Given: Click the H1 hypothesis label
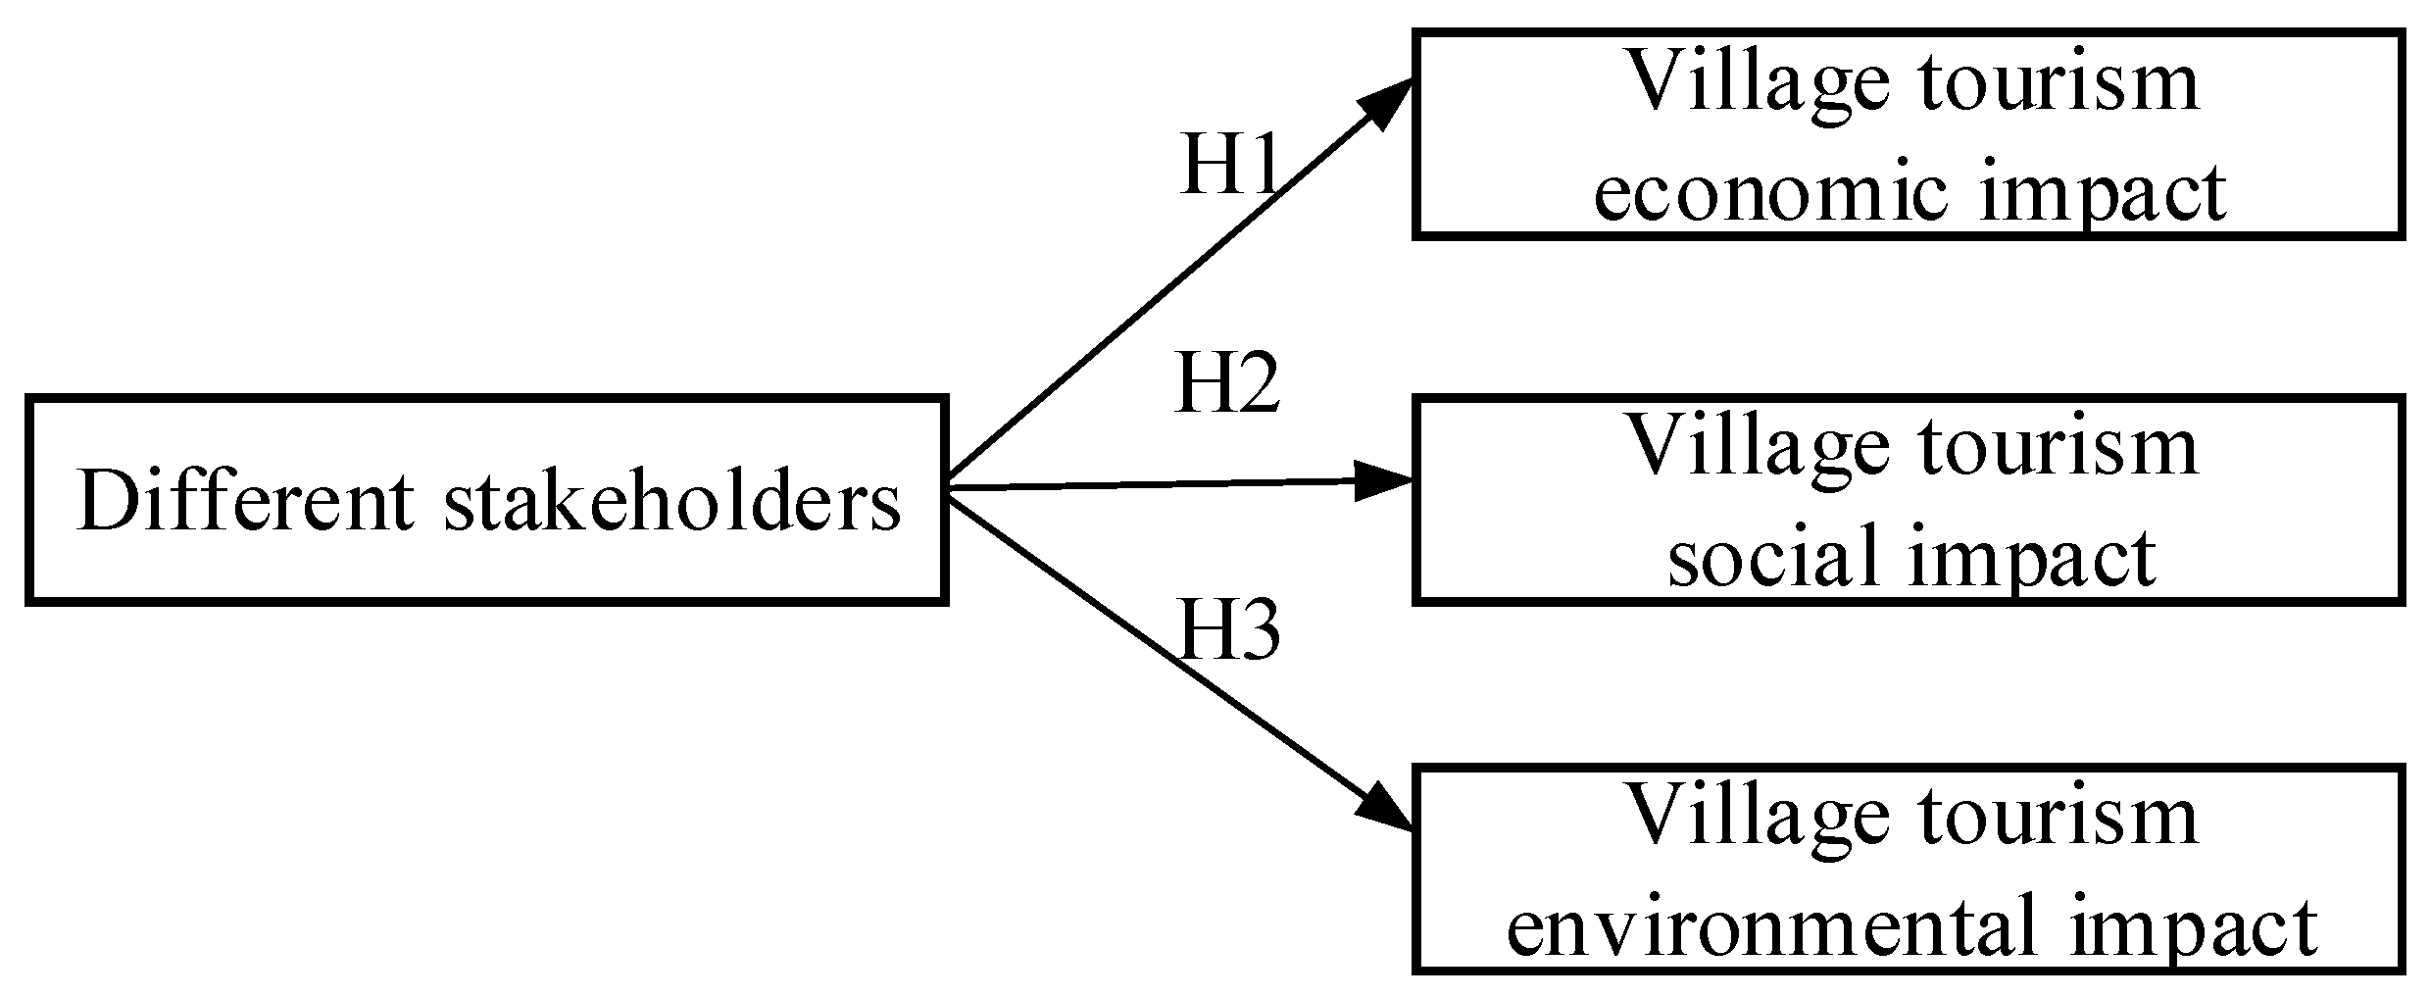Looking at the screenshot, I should [x=1230, y=164].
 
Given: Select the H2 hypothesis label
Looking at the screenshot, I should [x=1227, y=383].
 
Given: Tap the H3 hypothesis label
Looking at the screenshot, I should [x=1229, y=630].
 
